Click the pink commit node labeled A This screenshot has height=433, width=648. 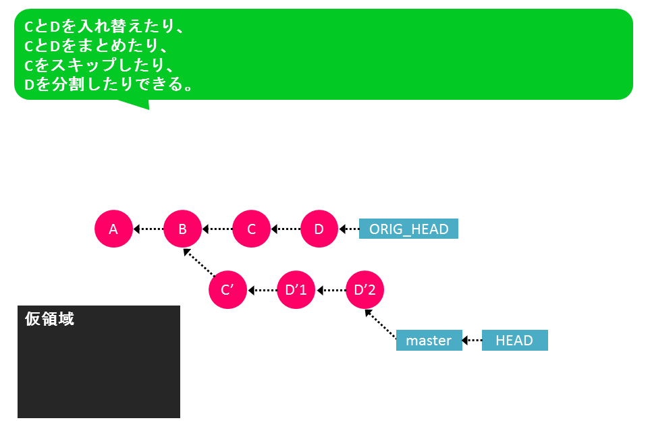tap(113, 229)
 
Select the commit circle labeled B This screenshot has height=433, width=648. tap(182, 229)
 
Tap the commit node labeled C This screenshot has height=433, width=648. tap(251, 229)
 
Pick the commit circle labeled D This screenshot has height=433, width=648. tap(319, 229)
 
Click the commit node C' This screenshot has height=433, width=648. tap(227, 290)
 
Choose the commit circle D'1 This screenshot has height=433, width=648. tap(296, 290)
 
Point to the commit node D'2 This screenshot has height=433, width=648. tap(364, 290)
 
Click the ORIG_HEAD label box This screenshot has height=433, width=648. tap(408, 229)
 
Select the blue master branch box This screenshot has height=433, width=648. tap(429, 340)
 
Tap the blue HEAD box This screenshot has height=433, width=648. tap(514, 340)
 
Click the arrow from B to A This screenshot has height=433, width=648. tap(148, 229)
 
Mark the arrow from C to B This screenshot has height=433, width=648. tap(217, 229)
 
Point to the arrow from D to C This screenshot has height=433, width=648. tap(286, 229)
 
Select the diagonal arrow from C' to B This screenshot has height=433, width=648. tap(199, 262)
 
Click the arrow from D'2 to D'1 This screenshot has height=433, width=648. tap(331, 290)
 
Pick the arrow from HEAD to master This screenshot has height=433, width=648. tap(472, 340)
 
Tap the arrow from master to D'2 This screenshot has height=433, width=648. tap(381, 324)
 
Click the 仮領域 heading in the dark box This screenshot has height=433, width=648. tap(49, 319)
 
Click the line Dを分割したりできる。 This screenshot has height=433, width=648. tap(109, 84)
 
